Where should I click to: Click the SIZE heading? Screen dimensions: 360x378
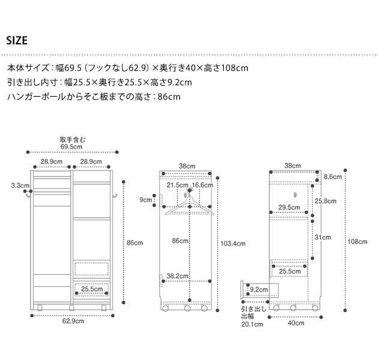coord(17,41)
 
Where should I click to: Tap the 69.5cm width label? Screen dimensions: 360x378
coord(71,146)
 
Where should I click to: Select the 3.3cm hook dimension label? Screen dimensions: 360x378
coord(20,186)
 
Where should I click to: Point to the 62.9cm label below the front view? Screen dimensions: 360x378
coord(71,321)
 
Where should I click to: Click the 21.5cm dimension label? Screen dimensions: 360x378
coord(178,185)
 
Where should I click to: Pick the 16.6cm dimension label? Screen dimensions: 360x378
coord(203,185)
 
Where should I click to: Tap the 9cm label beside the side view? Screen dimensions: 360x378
coord(146,200)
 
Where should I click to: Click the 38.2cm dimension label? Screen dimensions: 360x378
coord(178,277)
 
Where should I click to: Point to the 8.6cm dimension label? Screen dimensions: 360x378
coord(332,177)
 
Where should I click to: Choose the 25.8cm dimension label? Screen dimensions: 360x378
coord(326,201)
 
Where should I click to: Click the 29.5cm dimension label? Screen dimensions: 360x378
coord(290,208)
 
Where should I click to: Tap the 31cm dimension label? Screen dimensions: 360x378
coord(323,238)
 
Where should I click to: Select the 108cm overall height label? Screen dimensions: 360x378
coord(358,242)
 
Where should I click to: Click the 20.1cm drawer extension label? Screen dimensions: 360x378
coord(252,325)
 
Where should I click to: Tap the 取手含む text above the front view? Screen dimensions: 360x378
coord(72,139)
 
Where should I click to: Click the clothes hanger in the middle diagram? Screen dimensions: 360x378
coord(190,205)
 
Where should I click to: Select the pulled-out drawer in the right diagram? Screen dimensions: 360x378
coord(259,290)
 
